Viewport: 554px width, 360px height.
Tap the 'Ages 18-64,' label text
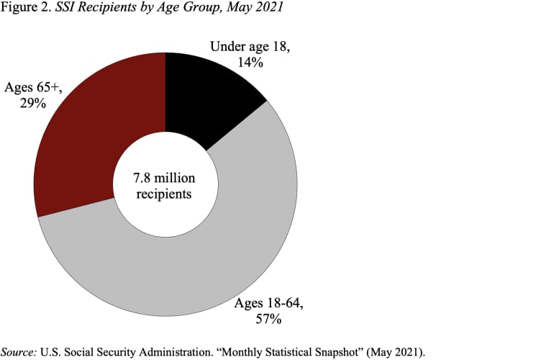[268, 303]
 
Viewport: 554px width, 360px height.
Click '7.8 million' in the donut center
[165, 178]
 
